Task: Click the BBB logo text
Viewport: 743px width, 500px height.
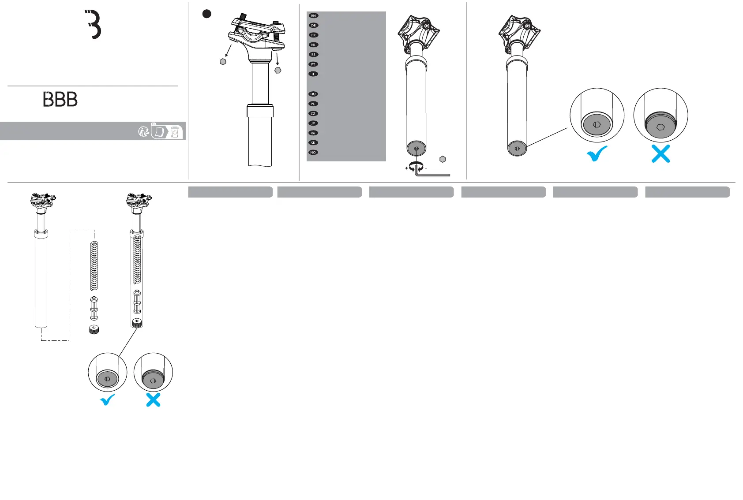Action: pos(60,99)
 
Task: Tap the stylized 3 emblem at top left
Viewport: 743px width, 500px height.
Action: pos(94,25)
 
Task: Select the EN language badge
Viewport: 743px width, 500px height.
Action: pos(313,16)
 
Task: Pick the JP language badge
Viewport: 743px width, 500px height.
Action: pos(313,123)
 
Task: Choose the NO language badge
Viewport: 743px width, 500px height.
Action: pos(313,153)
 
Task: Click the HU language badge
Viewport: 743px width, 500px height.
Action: pos(313,94)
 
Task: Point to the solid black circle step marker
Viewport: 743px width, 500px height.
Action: pos(206,14)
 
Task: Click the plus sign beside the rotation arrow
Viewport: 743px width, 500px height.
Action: pos(406,168)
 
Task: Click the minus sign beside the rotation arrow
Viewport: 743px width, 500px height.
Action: pos(426,168)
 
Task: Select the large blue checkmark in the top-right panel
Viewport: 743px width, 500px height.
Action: pos(597,154)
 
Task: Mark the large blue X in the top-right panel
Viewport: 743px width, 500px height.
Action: pos(660,154)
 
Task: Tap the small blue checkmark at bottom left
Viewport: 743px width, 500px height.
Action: pos(108,400)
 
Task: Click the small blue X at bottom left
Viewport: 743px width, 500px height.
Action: pos(153,400)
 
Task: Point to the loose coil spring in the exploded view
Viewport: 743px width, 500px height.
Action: pos(94,266)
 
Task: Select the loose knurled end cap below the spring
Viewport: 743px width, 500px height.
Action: pos(94,329)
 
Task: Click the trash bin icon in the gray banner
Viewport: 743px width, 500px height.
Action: pos(176,132)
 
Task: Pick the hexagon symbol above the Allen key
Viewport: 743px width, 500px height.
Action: pos(443,159)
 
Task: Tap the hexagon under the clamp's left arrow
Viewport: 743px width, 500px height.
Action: pos(223,62)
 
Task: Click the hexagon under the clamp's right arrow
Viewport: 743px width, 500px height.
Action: pos(278,70)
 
